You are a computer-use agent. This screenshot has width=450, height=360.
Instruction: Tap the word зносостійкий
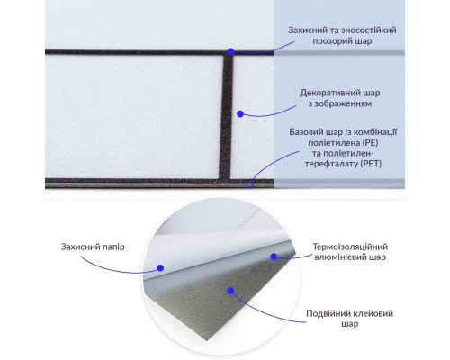point(373,31)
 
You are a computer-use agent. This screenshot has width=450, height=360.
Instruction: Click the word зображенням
point(344,103)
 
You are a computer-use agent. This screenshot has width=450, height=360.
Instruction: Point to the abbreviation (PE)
point(370,142)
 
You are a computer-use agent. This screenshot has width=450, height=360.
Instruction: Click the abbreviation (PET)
point(371,164)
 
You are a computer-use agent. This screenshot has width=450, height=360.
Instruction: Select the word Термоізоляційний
point(350,247)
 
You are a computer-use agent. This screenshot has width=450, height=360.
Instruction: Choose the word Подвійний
point(326,313)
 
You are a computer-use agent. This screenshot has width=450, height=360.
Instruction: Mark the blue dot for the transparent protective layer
point(230,52)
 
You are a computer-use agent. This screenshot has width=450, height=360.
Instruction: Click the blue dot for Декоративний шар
point(240,114)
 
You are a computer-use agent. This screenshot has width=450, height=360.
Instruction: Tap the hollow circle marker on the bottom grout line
point(249,184)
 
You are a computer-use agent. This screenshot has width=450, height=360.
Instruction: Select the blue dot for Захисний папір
point(160,268)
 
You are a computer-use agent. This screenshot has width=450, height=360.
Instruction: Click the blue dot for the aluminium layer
point(274,256)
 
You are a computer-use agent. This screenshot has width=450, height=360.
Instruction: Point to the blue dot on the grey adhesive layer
point(230,291)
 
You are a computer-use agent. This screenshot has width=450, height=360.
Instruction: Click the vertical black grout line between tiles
point(226,117)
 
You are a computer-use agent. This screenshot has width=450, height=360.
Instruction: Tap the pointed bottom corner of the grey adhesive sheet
point(206,340)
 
